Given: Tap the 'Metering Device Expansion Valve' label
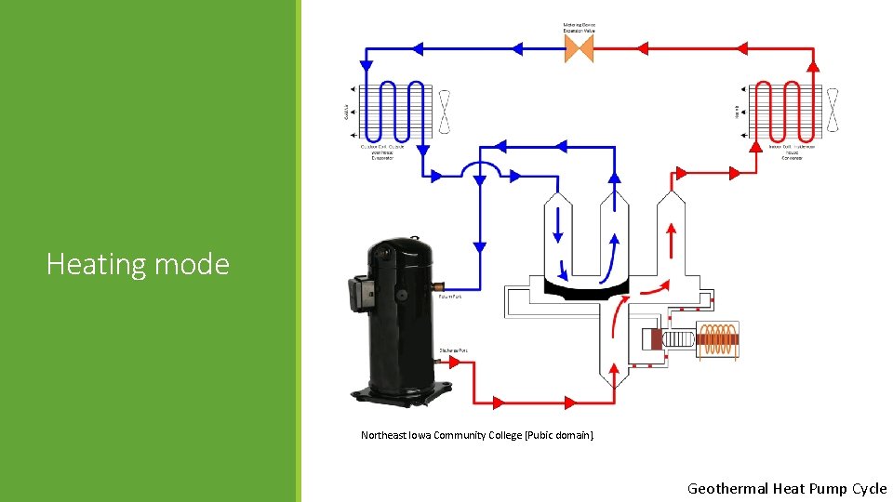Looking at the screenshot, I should pos(579,28).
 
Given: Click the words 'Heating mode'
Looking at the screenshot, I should pos(138,265).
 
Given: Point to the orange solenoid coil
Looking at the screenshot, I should pos(718,339).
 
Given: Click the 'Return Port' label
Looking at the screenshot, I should pos(450,297).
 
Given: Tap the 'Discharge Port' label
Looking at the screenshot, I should pos(453,350).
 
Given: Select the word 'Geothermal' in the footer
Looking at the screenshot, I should pos(728,488).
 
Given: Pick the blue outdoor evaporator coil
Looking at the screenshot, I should pos(393,111).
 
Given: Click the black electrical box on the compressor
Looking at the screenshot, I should pos(357,291).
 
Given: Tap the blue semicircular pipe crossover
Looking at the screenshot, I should pos(480,167).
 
